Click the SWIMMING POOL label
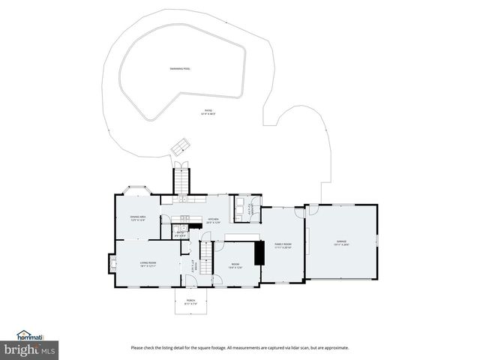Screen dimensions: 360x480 180,69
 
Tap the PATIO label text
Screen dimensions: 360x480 208,112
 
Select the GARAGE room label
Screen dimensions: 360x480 341,242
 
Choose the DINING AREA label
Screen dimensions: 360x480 137,218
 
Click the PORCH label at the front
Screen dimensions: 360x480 190,301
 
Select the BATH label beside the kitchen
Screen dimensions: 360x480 180,233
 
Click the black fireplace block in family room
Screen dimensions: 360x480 259,253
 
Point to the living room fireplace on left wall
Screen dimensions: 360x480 113,264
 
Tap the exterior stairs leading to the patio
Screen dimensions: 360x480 181,180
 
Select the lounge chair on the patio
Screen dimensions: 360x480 180,147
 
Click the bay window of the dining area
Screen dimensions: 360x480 139,191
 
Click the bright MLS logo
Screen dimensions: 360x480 30,350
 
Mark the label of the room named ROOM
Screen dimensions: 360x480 235,265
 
